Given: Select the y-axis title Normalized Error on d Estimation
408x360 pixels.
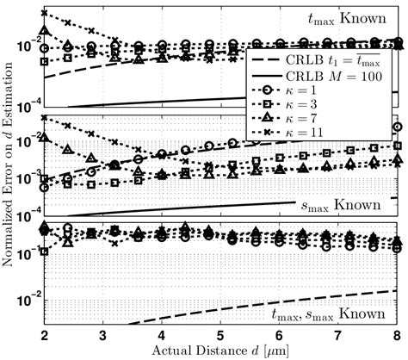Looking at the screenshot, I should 9,164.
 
